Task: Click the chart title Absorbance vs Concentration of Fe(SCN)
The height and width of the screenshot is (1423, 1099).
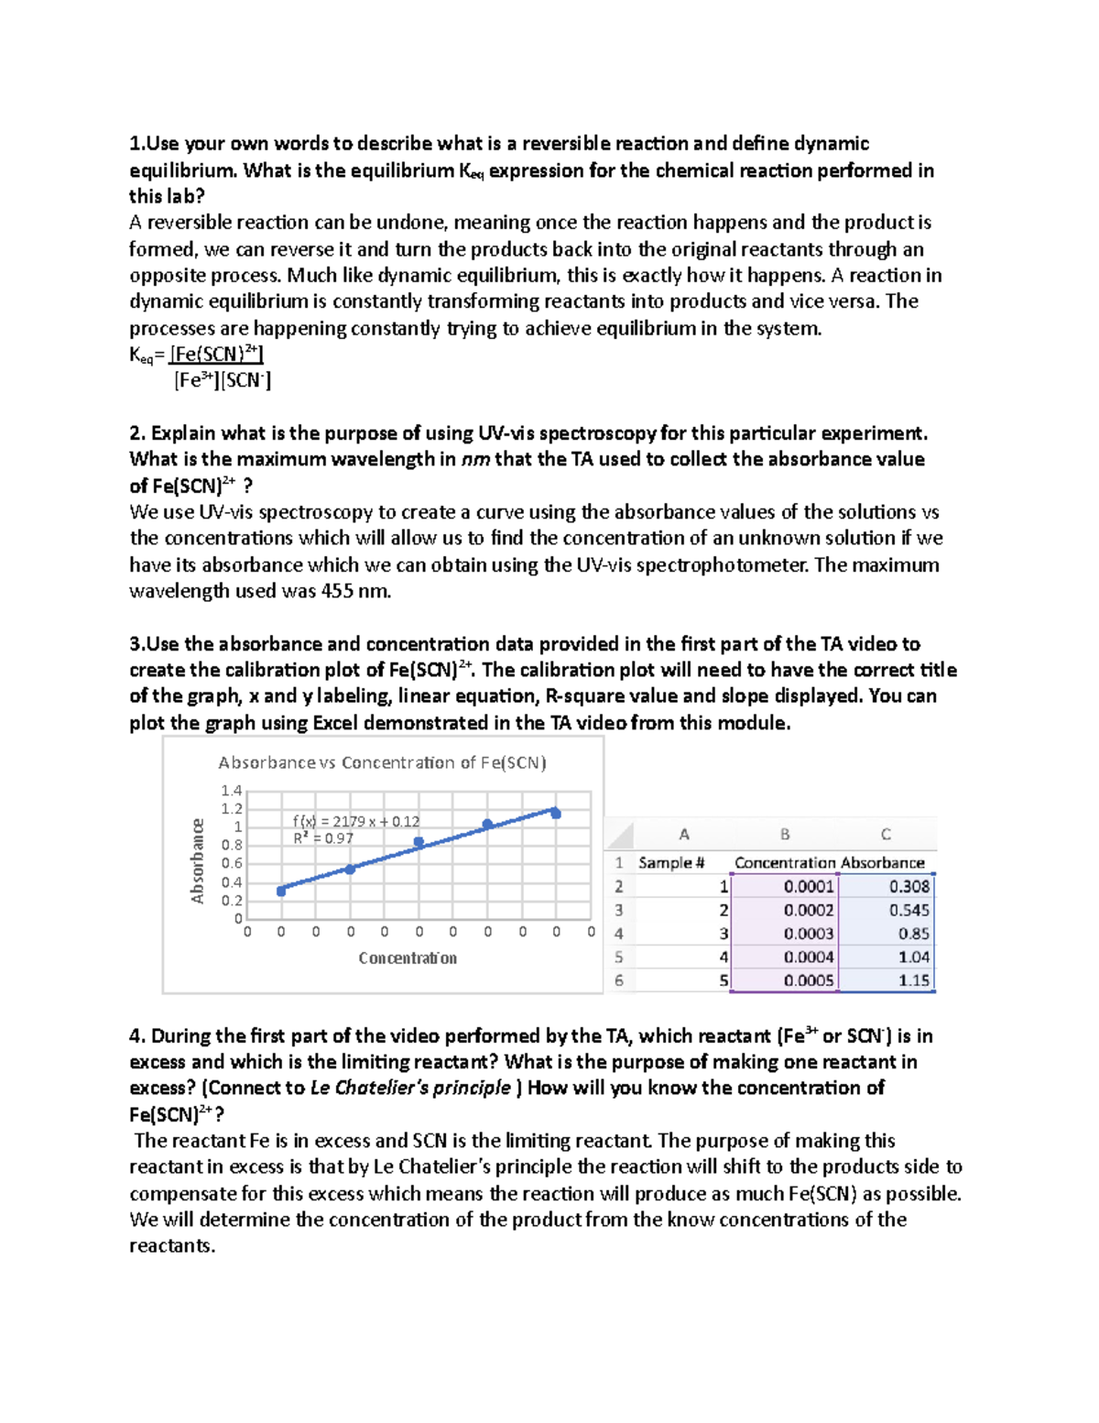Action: [382, 762]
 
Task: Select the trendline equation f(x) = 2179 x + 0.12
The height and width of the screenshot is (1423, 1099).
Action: [355, 822]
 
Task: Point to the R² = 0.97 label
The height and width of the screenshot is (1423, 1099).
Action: [322, 838]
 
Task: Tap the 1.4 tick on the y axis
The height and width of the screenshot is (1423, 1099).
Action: [231, 791]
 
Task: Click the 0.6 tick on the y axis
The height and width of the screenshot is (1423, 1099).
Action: [231, 863]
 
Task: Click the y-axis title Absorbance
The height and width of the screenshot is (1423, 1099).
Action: [197, 861]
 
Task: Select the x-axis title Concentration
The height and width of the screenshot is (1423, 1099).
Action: [408, 958]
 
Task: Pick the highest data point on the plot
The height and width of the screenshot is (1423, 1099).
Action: [556, 814]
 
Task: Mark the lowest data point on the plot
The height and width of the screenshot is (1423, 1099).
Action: [281, 891]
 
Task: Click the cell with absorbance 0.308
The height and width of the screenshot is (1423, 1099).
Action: [909, 887]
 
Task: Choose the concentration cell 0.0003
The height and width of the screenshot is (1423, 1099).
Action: [809, 934]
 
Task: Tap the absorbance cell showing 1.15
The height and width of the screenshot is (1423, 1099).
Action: [913, 980]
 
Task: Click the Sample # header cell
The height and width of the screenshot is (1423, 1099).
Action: [671, 863]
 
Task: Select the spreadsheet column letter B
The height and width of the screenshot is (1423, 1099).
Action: [785, 835]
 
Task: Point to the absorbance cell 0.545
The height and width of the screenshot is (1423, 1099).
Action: [909, 911]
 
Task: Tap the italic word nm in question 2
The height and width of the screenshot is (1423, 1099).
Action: [474, 460]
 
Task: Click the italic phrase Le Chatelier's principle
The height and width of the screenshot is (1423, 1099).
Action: [410, 1089]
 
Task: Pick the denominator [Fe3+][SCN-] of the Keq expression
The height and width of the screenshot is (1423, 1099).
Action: [223, 380]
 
